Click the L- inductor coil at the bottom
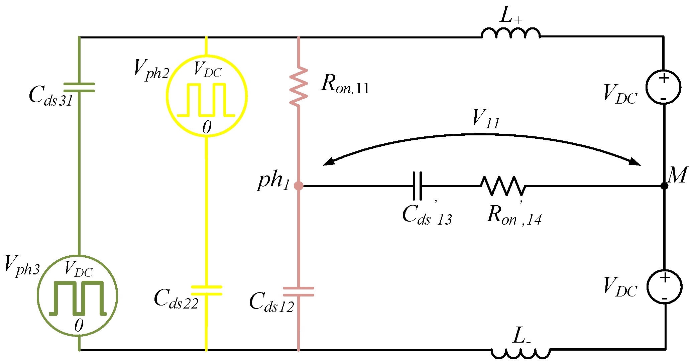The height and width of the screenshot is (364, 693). pyautogui.click(x=521, y=354)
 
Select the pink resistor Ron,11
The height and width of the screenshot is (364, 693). pyautogui.click(x=299, y=87)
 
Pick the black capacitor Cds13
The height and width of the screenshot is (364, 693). pyautogui.click(x=417, y=186)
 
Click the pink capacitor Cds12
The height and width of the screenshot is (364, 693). pyautogui.click(x=299, y=291)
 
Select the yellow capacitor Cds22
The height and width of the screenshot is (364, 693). pyautogui.click(x=206, y=290)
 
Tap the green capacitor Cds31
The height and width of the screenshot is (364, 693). pyautogui.click(x=79, y=87)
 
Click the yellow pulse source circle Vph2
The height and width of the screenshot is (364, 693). pyautogui.click(x=207, y=96)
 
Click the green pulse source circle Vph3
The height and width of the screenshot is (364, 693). pyautogui.click(x=78, y=295)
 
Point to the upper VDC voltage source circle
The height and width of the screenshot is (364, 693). pyautogui.click(x=663, y=87)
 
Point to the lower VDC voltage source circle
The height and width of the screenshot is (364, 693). pyautogui.click(x=664, y=286)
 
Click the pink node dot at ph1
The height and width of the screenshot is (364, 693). pyautogui.click(x=299, y=186)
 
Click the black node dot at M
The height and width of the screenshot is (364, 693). pyautogui.click(x=665, y=186)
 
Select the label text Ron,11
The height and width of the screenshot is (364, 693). pyautogui.click(x=345, y=84)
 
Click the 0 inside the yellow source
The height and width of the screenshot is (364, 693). pyautogui.click(x=207, y=127)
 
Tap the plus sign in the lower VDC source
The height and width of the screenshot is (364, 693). pyautogui.click(x=665, y=277)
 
